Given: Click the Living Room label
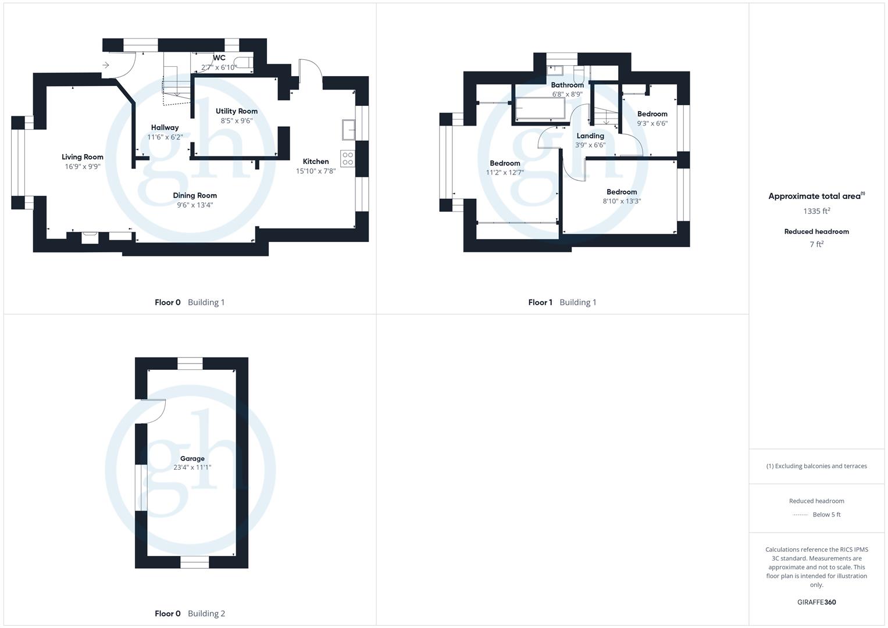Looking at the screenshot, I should [x=83, y=157].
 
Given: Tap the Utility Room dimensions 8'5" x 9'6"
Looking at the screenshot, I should [x=237, y=121].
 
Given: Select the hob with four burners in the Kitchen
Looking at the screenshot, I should [x=348, y=159].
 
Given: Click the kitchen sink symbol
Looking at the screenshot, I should [x=348, y=130].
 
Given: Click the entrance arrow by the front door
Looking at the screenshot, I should [x=105, y=65].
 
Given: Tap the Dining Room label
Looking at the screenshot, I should [x=195, y=195].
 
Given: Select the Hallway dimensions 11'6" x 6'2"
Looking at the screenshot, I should [x=165, y=137].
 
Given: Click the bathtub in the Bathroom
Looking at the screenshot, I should [x=540, y=109].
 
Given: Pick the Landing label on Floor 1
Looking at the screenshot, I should [x=590, y=136].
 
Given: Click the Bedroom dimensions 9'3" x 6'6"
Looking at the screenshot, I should [x=652, y=123].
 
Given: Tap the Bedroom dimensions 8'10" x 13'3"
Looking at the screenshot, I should [x=622, y=201].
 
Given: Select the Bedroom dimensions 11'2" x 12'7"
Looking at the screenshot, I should [x=505, y=173].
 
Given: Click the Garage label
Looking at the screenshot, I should [x=192, y=459].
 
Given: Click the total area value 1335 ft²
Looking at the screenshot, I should [x=816, y=211].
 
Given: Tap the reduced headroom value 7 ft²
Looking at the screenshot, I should [x=816, y=244].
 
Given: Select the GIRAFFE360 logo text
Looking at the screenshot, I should [x=816, y=602].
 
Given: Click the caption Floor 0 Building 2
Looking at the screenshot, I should [x=190, y=613].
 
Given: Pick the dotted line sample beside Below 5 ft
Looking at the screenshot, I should [x=801, y=515].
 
